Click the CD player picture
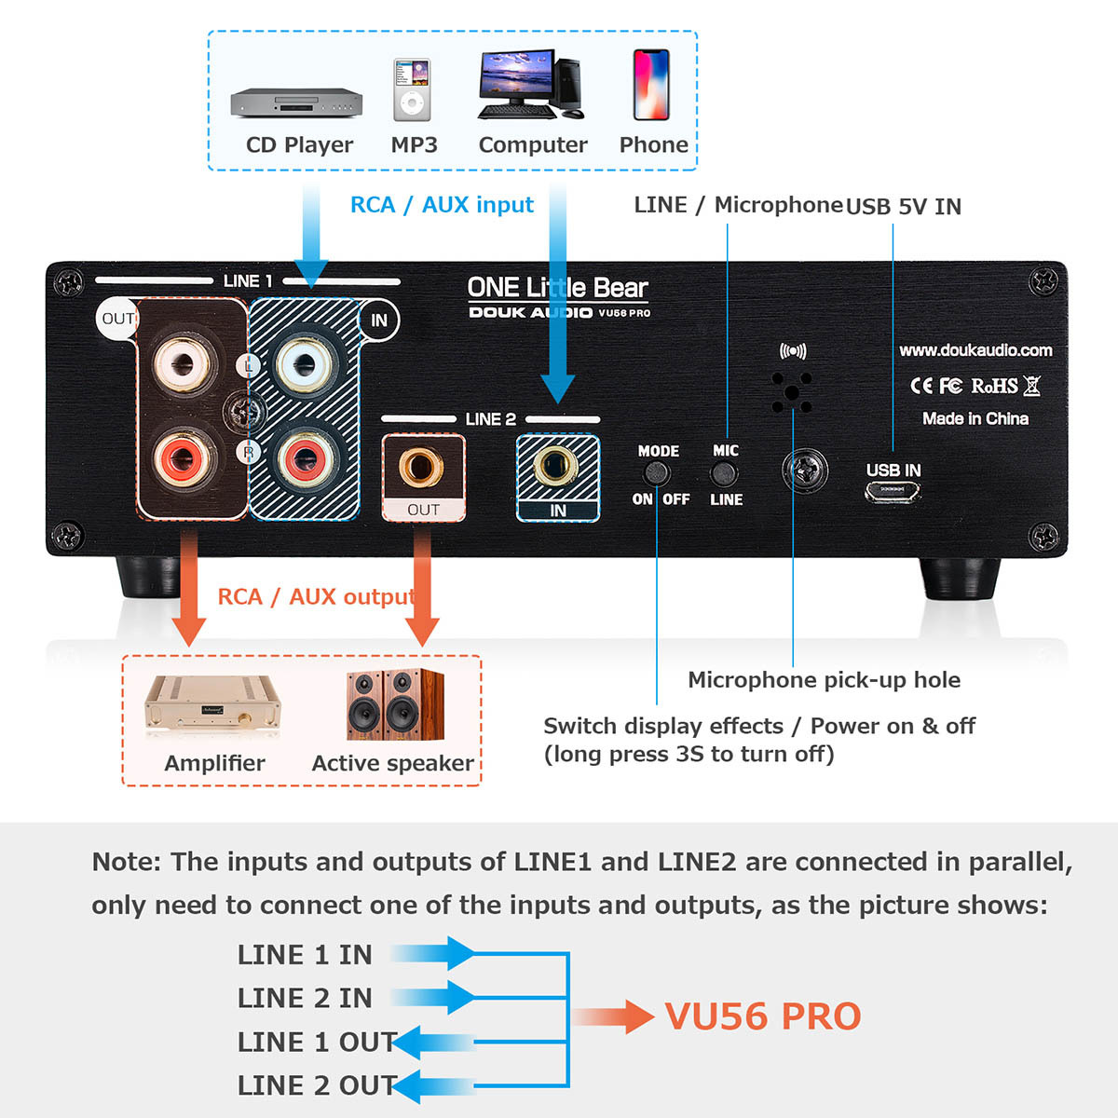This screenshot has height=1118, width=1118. [x=296, y=102]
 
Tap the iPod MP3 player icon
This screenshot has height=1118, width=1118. [x=412, y=90]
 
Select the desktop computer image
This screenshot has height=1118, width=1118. [x=529, y=85]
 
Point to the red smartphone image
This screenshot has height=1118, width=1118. [x=651, y=85]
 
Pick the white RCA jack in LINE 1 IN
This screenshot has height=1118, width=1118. [x=303, y=362]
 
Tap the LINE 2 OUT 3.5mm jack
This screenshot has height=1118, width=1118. [x=421, y=467]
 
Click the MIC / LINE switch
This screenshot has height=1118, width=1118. [x=725, y=474]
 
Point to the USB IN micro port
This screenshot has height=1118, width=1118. [x=893, y=493]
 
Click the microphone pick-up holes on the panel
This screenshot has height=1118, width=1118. [x=792, y=392]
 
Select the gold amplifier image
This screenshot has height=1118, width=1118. [x=212, y=706]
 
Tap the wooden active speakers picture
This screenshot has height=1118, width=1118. [x=395, y=704]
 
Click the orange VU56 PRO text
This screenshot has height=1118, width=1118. [x=762, y=1016]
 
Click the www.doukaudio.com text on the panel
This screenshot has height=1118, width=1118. [x=975, y=350]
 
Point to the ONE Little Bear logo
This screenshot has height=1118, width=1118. [x=557, y=288]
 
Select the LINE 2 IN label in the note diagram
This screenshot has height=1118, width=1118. [x=305, y=998]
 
